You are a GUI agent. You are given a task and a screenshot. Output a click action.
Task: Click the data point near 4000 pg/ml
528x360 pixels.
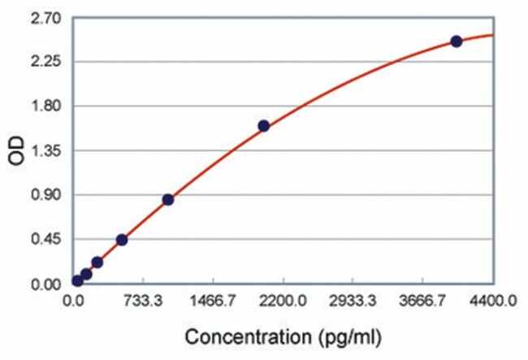(x=457, y=41)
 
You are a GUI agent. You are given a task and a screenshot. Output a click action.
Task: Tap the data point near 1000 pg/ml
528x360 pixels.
(x=168, y=199)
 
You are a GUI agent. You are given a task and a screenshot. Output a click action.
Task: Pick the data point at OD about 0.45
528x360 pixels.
(x=122, y=240)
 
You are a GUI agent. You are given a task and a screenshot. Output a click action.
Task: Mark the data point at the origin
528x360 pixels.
(x=77, y=281)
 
